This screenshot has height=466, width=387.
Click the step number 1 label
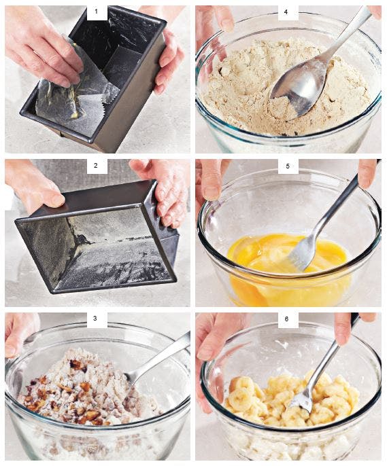click(96, 12)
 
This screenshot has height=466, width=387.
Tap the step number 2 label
click(96, 165)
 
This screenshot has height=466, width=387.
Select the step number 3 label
click(95, 319)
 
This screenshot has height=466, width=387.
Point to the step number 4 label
click(286, 12)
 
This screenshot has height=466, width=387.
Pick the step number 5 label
click(287, 166)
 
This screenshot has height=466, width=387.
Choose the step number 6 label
click(286, 319)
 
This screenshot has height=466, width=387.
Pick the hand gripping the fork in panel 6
click(351, 327)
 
